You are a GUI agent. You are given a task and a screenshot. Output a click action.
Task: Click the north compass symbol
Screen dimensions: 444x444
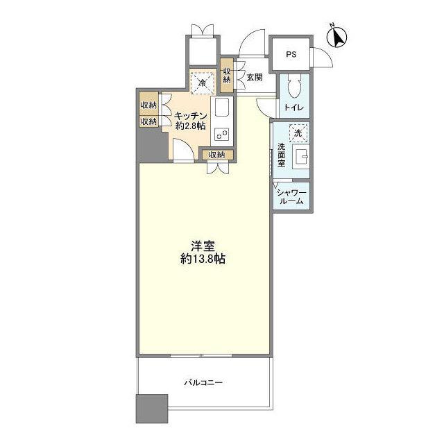(x=336, y=37)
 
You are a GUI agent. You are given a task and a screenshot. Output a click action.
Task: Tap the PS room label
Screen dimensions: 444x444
(x=291, y=54)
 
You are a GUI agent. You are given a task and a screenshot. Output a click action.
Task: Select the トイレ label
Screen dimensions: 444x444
(x=294, y=108)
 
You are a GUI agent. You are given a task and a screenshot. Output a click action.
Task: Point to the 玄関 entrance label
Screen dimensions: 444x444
(x=255, y=77)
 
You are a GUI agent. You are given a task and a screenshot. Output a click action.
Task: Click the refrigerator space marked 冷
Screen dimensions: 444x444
(x=202, y=83)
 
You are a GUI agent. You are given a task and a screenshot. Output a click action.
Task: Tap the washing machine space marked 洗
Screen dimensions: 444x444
(x=298, y=133)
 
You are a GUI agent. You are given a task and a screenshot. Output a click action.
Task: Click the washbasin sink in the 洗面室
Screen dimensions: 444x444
(x=300, y=157)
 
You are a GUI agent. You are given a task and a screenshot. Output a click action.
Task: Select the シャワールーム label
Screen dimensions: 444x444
(x=291, y=197)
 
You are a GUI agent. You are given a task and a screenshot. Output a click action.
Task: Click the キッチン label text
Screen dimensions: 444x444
(x=191, y=116)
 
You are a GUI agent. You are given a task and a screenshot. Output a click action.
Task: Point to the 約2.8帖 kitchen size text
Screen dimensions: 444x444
(x=191, y=126)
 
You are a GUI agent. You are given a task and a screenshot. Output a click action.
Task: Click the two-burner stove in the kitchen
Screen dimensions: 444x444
(x=222, y=135)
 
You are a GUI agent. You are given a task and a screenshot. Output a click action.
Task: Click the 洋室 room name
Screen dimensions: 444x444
(x=203, y=246)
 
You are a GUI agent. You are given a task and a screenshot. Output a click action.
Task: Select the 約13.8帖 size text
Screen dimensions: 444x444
(x=203, y=259)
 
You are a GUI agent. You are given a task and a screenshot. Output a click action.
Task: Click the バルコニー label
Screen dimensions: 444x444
(x=203, y=383)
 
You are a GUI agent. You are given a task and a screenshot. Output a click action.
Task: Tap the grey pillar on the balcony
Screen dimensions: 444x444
(x=152, y=409)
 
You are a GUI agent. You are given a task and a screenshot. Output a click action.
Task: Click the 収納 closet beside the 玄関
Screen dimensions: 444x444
(x=227, y=76)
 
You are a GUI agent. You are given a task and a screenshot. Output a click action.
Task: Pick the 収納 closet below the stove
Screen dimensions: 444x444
(x=217, y=155)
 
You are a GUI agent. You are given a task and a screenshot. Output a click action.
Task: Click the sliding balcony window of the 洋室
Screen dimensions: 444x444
(x=201, y=355)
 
